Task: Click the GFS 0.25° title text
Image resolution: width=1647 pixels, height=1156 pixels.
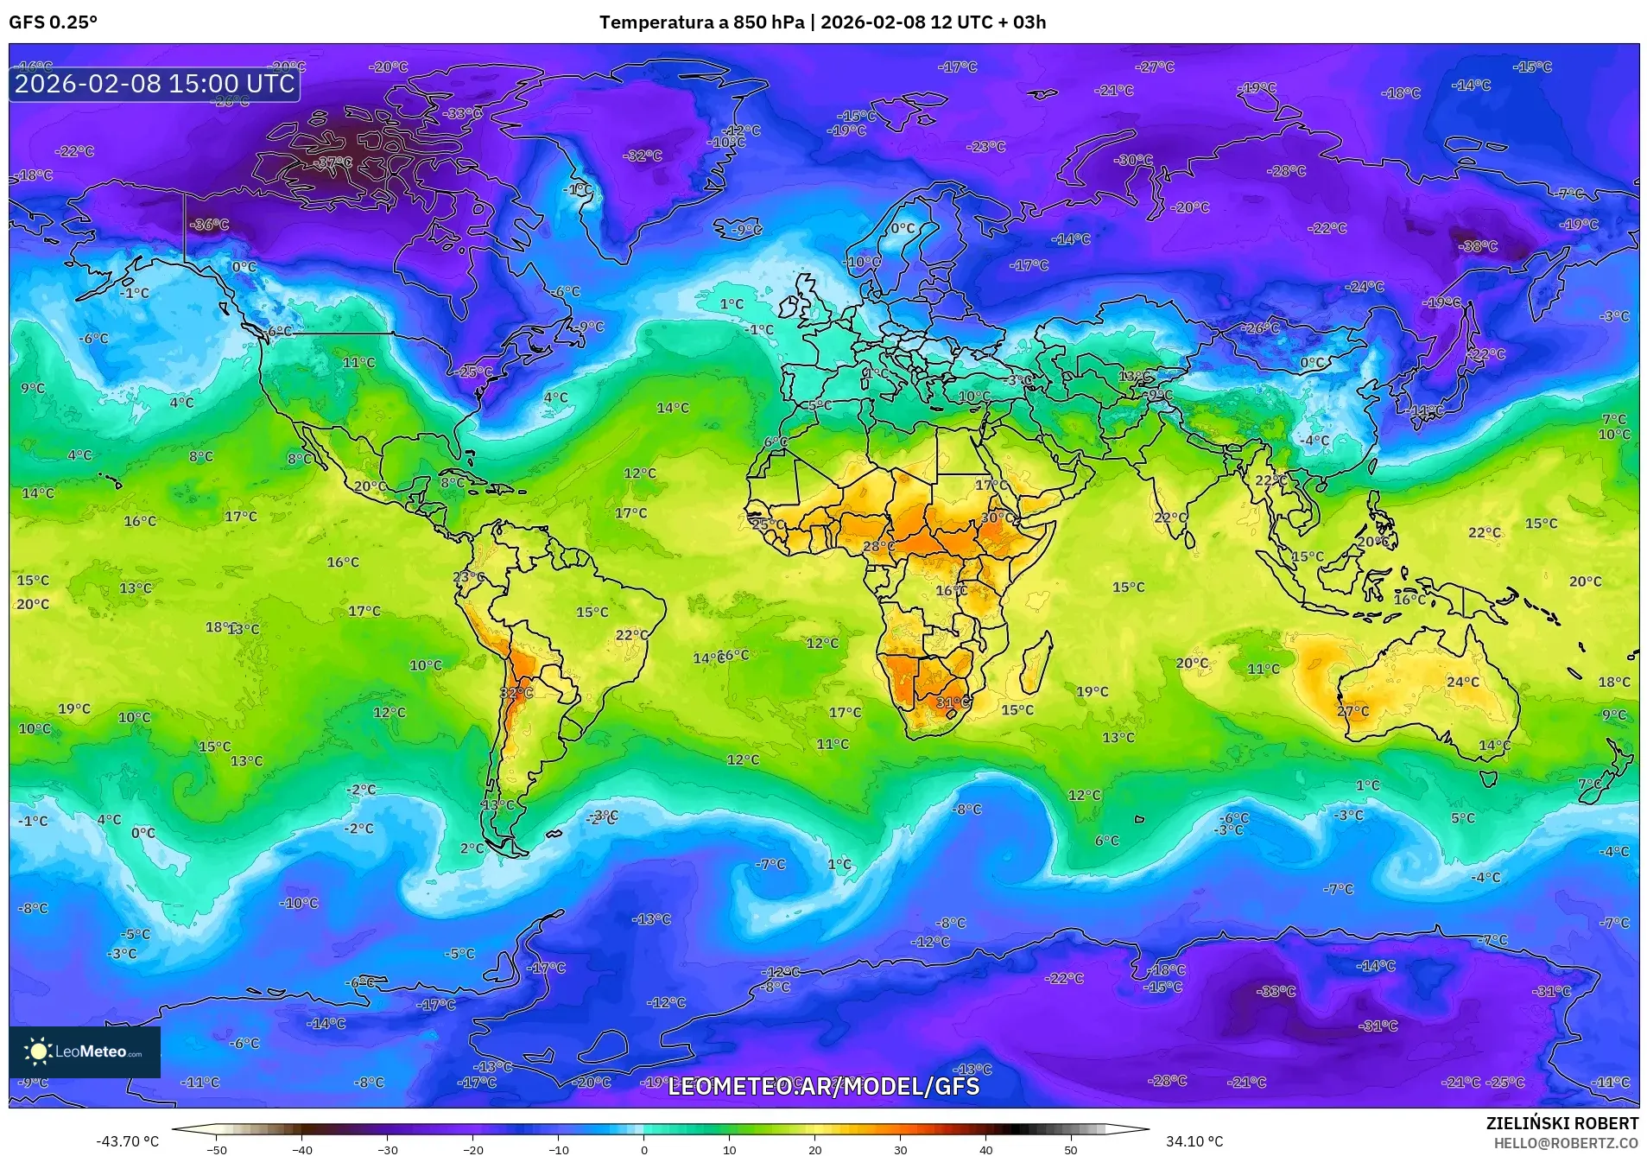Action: coord(53,22)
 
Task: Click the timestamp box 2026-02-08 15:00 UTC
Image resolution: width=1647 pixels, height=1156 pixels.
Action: coord(155,84)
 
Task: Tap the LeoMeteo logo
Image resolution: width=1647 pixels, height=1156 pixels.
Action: coord(84,1051)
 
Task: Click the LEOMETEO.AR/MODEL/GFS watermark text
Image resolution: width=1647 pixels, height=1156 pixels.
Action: coord(823,1086)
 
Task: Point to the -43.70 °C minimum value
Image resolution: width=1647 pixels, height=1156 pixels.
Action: coord(127,1141)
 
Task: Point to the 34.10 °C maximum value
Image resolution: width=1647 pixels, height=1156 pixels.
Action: coord(1194,1141)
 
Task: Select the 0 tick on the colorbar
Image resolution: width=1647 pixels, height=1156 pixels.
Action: coord(643,1149)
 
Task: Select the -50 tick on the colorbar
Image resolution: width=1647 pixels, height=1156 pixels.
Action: coord(217,1149)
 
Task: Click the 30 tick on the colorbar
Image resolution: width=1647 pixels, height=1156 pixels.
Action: coord(900,1149)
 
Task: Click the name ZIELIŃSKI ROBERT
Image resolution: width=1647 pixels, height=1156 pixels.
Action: coord(1561,1123)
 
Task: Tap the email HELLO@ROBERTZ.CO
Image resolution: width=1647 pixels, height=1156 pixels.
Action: coord(1566,1143)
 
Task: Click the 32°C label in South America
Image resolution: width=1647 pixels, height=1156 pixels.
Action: coord(516,693)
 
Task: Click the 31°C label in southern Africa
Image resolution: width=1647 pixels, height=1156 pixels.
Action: coord(953,702)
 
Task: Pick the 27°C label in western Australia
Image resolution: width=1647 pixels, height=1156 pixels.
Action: coord(1352,711)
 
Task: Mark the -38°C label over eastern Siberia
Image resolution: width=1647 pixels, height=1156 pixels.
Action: coord(1478,246)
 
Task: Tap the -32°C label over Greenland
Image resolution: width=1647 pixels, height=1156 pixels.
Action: coord(643,156)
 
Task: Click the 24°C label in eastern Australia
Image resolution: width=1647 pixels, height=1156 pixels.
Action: coord(1462,682)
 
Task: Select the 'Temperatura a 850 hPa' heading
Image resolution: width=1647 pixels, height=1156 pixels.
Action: coord(701,22)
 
